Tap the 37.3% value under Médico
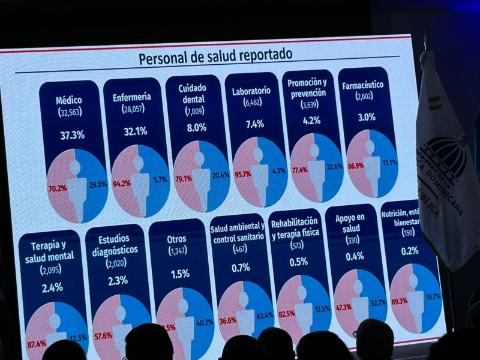[72, 135]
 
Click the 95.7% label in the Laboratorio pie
[243, 174]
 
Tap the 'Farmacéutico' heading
[362, 85]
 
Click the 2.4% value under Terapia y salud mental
[52, 287]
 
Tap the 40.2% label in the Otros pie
[205, 322]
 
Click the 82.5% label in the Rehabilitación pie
[286, 313]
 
